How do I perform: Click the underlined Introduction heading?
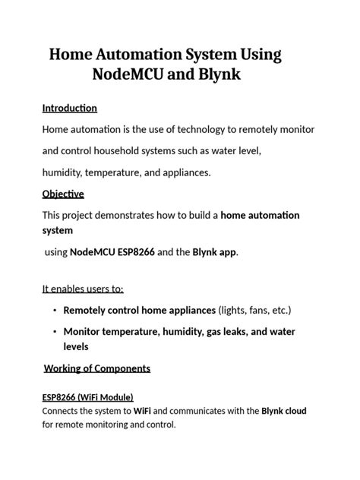coord(70,108)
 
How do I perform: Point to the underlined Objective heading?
coord(63,194)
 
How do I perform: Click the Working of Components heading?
coord(97,368)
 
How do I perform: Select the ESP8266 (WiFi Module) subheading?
coord(87,397)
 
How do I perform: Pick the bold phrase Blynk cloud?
coord(283,411)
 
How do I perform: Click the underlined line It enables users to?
coord(83,289)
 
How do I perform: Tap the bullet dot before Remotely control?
coord(55,311)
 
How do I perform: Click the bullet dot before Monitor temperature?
coord(55,332)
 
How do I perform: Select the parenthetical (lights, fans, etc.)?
coord(254,310)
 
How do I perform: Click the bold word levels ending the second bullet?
coord(76,346)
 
